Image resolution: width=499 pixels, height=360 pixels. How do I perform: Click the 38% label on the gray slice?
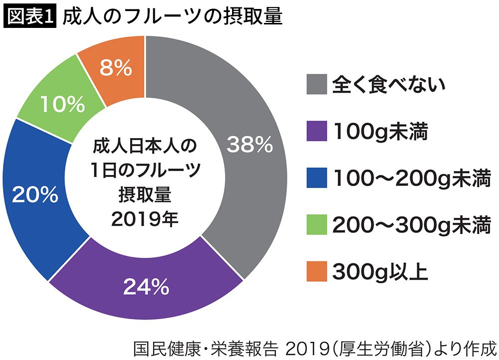[x=249, y=145]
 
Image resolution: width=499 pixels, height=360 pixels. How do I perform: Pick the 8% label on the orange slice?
[x=115, y=68]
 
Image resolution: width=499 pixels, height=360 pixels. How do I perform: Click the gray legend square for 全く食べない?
[x=317, y=84]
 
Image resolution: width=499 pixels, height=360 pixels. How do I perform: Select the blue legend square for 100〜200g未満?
[x=317, y=178]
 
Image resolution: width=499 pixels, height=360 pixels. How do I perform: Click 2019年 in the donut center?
[x=145, y=219]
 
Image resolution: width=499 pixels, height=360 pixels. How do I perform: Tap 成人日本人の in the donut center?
[x=145, y=147]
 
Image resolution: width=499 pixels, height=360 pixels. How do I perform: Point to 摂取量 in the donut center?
[x=145, y=195]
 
